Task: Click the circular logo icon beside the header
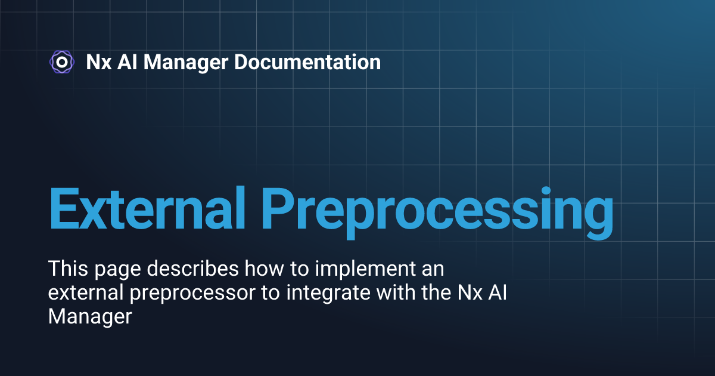point(61,61)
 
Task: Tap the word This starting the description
point(67,270)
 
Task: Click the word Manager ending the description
point(89,317)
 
